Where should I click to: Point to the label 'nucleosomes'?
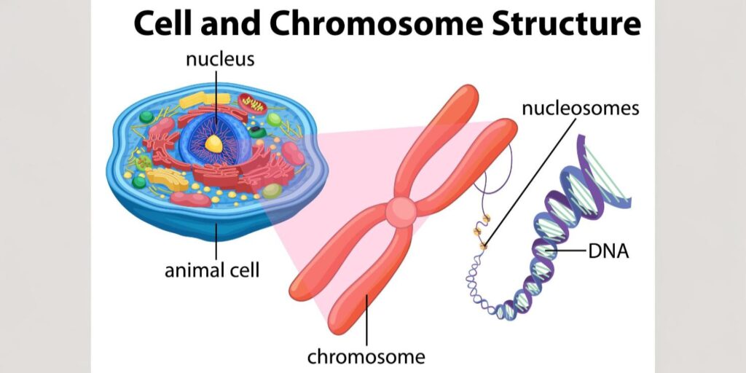point(580,109)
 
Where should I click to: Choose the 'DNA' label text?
point(608,252)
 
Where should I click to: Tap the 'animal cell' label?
point(211,271)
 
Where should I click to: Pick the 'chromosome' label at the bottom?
point(366,356)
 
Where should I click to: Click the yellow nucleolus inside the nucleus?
point(213,144)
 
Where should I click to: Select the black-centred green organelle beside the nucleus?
point(255,132)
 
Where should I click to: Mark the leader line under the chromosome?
point(366,321)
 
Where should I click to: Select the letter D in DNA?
point(594,252)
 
